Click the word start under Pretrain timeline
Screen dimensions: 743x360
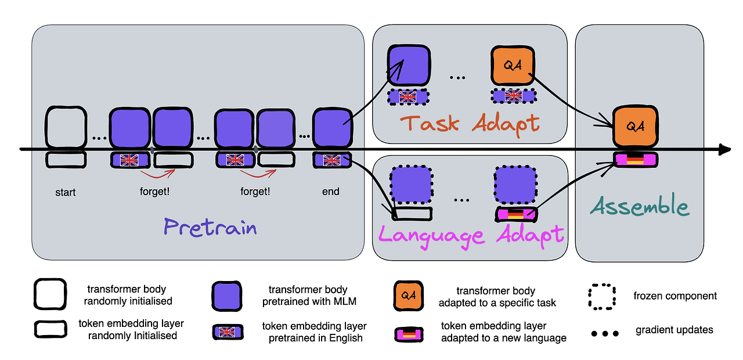click(66, 192)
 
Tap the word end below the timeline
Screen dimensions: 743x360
click(331, 192)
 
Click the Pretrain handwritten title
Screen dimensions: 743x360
click(210, 228)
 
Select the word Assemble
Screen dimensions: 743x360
click(640, 206)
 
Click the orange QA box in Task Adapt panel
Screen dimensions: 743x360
click(513, 66)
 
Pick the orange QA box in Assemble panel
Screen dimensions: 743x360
click(635, 127)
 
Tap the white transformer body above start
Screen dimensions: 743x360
click(66, 127)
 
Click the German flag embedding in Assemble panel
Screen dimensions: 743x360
click(635, 160)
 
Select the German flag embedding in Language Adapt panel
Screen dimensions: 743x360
click(516, 214)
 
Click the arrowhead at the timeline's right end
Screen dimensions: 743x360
click(725, 149)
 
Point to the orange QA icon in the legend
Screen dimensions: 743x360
click(408, 296)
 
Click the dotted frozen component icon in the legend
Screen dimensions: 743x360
click(602, 297)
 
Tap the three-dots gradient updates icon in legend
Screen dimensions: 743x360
click(605, 333)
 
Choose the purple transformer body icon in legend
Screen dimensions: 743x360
click(227, 296)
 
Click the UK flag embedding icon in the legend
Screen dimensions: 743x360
click(228, 332)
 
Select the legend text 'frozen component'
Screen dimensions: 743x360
click(675, 296)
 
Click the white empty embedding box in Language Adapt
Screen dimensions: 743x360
click(412, 214)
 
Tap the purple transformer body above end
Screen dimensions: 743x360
click(333, 127)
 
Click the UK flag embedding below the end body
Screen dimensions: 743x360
click(332, 160)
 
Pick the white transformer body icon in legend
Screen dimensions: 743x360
click(50, 294)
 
